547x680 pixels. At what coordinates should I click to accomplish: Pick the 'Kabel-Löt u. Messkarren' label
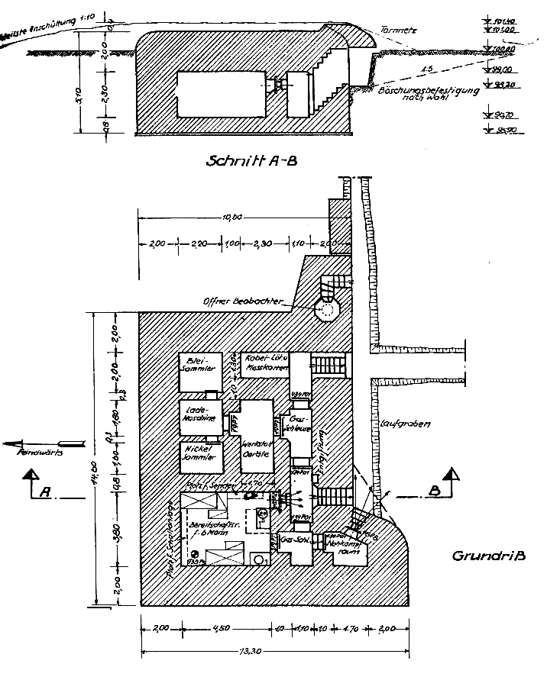point(264,363)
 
